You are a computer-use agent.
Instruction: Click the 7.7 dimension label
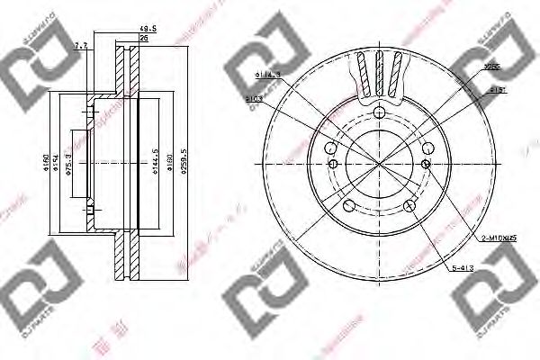tap(81, 42)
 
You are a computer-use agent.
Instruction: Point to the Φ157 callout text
tap(494, 91)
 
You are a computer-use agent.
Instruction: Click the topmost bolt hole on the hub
tap(378, 112)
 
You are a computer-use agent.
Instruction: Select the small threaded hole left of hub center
tap(333, 164)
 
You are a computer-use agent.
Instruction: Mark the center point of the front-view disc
tap(378, 165)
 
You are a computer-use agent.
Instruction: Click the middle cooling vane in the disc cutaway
tap(379, 70)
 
